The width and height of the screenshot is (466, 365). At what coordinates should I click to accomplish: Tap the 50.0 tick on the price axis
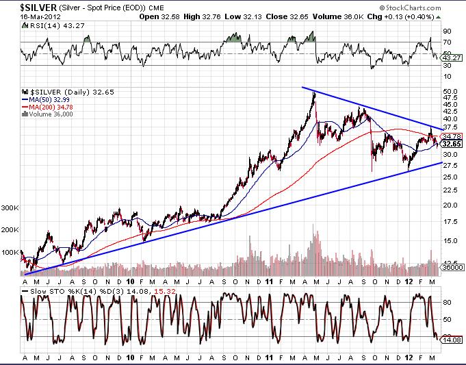[x=450, y=91]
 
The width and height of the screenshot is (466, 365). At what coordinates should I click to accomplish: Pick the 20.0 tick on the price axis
[x=450, y=205]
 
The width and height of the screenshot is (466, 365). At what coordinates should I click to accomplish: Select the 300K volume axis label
[x=10, y=207]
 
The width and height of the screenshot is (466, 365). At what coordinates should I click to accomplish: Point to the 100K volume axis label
[x=10, y=253]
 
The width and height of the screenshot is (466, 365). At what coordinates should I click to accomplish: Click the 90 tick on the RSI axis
[x=446, y=32]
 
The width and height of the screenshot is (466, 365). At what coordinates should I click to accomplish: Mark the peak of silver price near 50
[x=313, y=92]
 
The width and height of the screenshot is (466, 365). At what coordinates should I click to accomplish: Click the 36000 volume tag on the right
[x=452, y=267]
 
